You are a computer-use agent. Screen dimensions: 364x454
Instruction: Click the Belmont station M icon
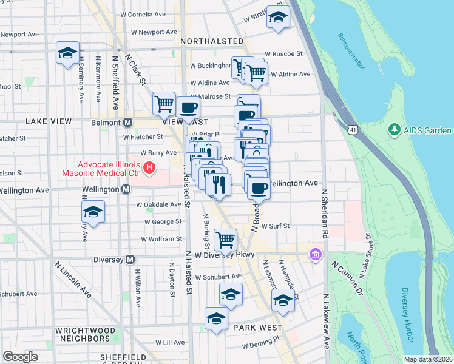(127, 122)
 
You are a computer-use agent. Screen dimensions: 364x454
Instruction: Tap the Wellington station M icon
(126, 190)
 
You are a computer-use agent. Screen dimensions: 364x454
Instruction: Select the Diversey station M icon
(130, 260)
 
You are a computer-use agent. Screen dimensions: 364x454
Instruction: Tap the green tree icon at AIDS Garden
(394, 130)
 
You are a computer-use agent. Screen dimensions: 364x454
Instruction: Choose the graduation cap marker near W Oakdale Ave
(92, 212)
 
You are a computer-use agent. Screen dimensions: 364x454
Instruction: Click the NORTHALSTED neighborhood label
(212, 41)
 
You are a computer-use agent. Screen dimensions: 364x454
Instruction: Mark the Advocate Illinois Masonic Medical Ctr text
(101, 169)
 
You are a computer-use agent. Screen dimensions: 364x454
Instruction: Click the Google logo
(20, 356)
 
